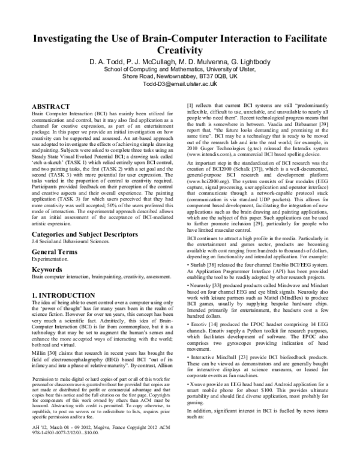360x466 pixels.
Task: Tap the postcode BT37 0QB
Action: [213, 77]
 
